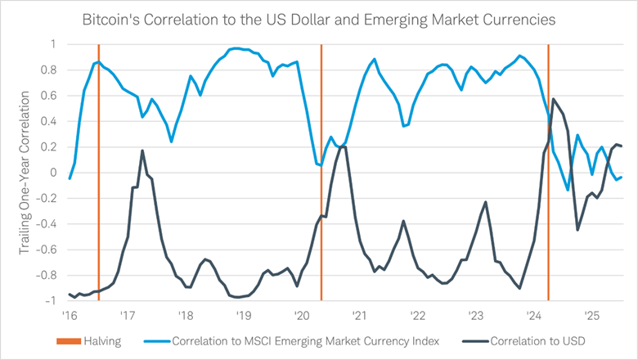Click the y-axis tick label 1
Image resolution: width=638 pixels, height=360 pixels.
(x=55, y=44)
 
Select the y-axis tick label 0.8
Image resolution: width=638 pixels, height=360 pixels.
(x=52, y=70)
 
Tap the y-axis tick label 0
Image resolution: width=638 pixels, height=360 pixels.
(x=55, y=173)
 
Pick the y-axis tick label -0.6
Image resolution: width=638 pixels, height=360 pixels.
(x=49, y=250)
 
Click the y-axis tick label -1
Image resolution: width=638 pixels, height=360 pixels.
(x=53, y=301)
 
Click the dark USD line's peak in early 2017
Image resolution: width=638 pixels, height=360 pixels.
(x=142, y=151)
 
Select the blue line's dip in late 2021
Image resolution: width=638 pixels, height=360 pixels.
(x=403, y=126)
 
